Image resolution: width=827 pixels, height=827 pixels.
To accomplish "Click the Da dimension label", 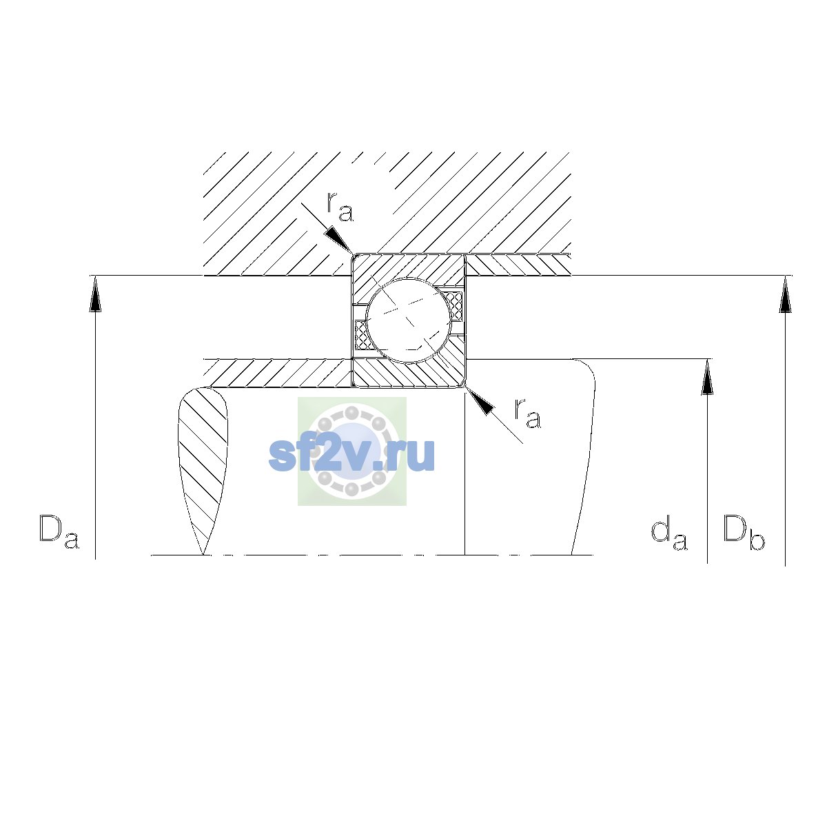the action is pos(59,532).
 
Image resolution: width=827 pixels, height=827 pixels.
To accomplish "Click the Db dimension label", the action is pos(744,532).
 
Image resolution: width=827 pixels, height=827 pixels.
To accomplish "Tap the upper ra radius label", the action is pos(340,207).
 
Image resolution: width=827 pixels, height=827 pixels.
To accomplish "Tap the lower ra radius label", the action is pos(528,413).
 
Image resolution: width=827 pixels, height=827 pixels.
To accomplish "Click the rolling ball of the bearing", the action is pos(409,320).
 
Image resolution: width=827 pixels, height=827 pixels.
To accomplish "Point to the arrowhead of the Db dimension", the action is pos(786,294).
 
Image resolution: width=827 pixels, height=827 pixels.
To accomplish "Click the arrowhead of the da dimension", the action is pos(707,377).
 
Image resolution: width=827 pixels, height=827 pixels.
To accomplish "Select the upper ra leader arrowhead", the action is pos(339,241).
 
